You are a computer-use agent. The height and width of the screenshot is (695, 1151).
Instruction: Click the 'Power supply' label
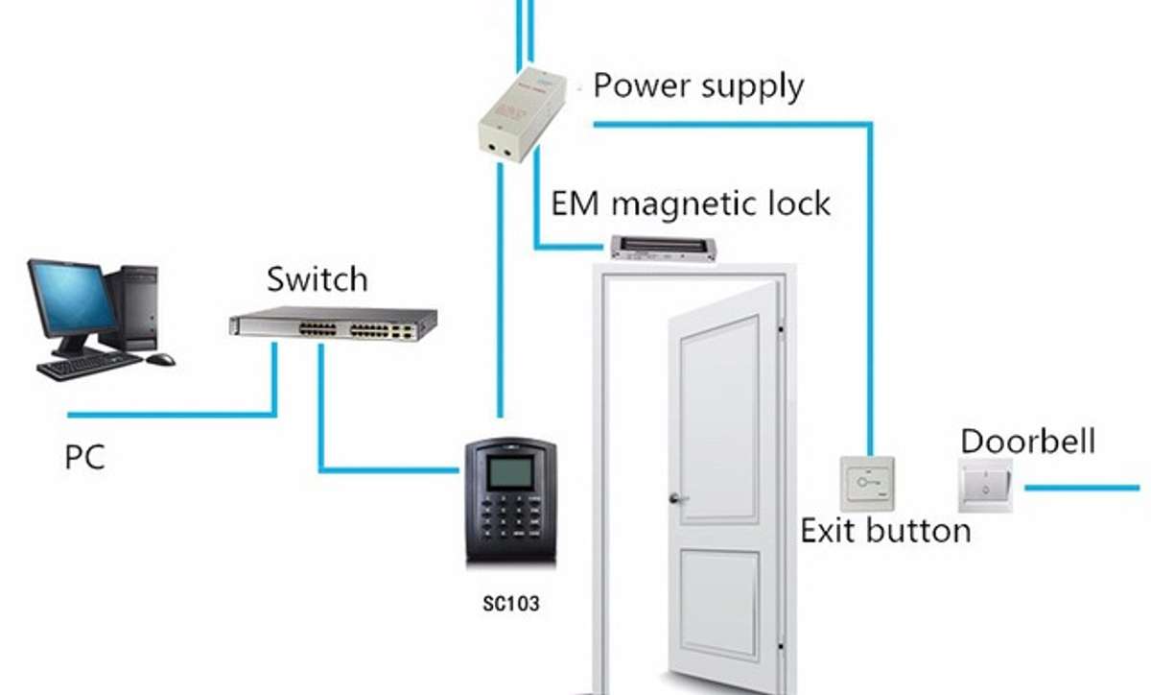[x=698, y=86]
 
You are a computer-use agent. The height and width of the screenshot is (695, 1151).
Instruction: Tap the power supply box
[x=522, y=115]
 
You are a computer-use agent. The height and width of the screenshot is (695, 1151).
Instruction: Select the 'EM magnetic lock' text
[x=690, y=204]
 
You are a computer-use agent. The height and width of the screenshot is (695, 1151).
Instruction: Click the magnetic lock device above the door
[x=663, y=249]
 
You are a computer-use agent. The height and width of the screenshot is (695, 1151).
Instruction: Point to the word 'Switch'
[x=317, y=279]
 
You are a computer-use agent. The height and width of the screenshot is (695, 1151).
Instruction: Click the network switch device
[x=333, y=324]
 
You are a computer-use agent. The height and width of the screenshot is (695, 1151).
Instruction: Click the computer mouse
[x=160, y=359]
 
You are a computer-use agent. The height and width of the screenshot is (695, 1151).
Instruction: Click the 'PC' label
[x=84, y=457]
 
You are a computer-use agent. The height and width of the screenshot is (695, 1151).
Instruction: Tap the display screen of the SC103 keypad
[x=510, y=472]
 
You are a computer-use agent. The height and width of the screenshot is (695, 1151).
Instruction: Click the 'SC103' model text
[x=510, y=604]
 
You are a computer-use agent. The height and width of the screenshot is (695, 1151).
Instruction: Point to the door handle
[x=678, y=498]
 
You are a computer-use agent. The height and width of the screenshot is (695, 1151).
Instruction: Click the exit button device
[x=867, y=483]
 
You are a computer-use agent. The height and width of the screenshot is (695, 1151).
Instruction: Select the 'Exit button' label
[x=886, y=531]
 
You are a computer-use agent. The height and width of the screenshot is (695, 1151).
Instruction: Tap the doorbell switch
[x=986, y=486]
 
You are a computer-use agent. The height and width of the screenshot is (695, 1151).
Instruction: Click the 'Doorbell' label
[x=1028, y=442]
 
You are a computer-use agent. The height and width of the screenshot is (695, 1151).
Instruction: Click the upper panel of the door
[x=719, y=420]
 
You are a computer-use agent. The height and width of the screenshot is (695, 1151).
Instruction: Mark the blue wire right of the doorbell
[x=1082, y=488]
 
